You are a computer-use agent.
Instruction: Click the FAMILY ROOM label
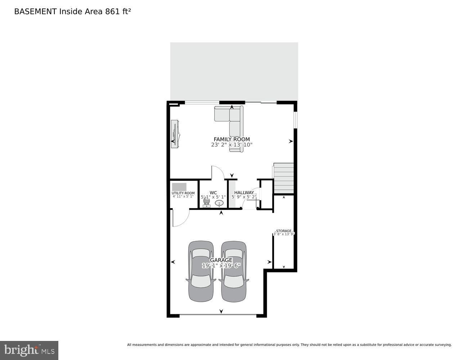pyautogui.click(x=232, y=139)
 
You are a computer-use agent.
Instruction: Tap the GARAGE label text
pyautogui.click(x=221, y=260)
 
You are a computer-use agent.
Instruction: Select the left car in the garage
pyautogui.click(x=201, y=271)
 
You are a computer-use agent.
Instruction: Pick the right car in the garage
pyautogui.click(x=234, y=271)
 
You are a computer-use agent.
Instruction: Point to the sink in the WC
pyautogui.click(x=220, y=203)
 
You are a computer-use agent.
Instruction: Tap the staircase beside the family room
pyautogui.click(x=284, y=179)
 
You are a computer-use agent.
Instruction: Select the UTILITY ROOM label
pyautogui.click(x=183, y=193)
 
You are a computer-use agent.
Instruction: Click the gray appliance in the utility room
pyautogui.click(x=179, y=187)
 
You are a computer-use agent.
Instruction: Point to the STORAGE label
pyautogui.click(x=284, y=231)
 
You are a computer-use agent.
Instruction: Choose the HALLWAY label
pyautogui.click(x=244, y=193)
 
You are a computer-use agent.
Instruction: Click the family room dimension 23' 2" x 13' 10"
pyautogui.click(x=232, y=145)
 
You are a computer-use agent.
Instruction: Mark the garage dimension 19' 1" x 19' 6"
pyautogui.click(x=221, y=266)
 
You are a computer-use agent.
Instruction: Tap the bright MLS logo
pyautogui.click(x=29, y=350)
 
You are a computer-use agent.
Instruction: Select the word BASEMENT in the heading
pyautogui.click(x=35, y=12)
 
